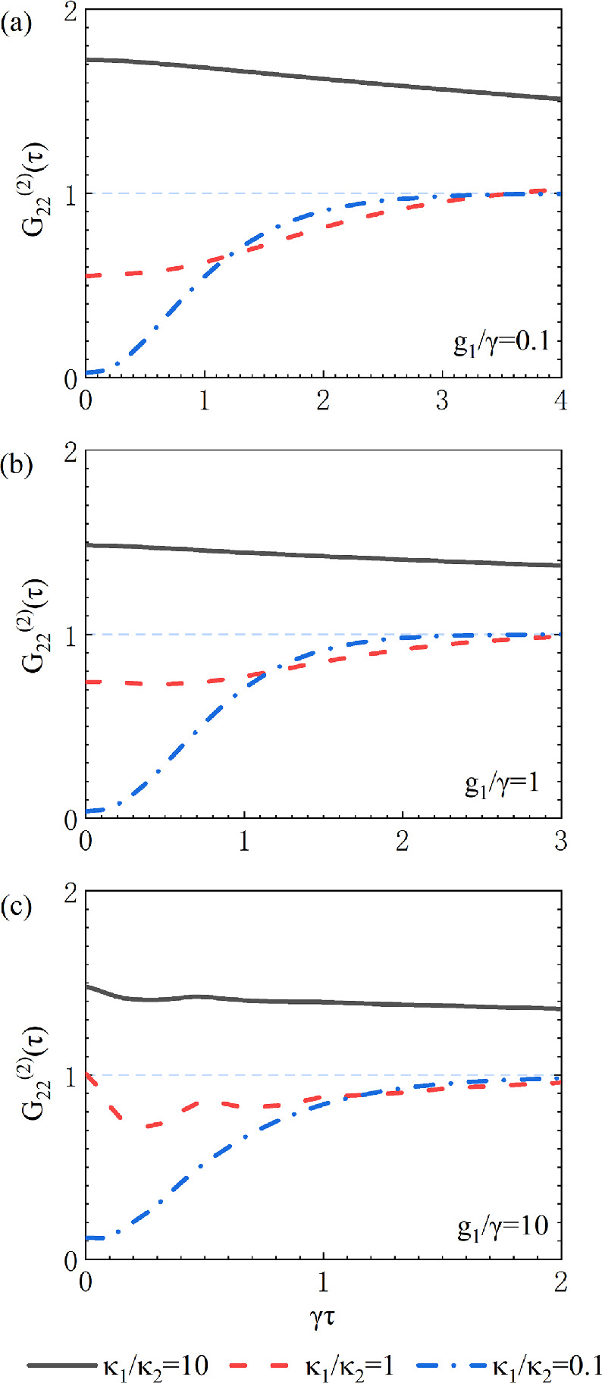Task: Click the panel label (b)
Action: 16,464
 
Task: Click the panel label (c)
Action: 16,906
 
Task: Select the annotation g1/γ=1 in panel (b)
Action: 501,783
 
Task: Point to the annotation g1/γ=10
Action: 502,1225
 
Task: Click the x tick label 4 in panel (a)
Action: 560,401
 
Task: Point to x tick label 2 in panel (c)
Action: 560,1283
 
